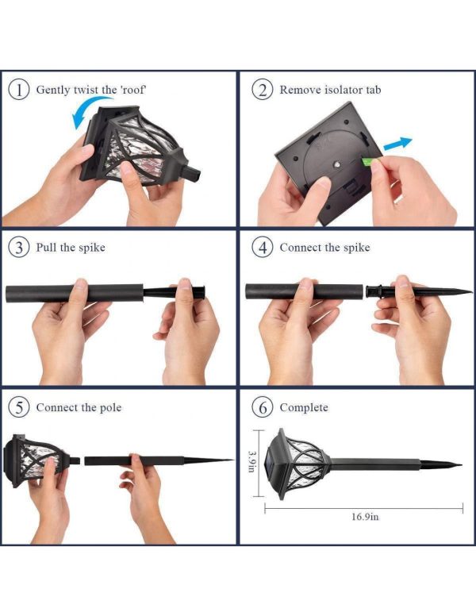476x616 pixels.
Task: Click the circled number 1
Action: [18, 90]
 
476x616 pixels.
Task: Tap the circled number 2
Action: [263, 90]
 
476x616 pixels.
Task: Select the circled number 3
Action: [18, 248]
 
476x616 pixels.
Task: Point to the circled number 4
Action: [263, 248]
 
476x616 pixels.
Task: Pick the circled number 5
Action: [18, 407]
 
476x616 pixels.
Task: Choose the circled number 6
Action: [263, 407]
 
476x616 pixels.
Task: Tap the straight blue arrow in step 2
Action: [397, 144]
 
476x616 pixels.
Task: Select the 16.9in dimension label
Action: [365, 516]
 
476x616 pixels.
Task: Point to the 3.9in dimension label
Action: [251, 461]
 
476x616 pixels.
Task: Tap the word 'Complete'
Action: [304, 408]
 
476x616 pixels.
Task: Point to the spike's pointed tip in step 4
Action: [471, 291]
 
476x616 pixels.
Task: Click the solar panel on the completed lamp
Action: [272, 463]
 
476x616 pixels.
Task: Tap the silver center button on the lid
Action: [336, 165]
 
